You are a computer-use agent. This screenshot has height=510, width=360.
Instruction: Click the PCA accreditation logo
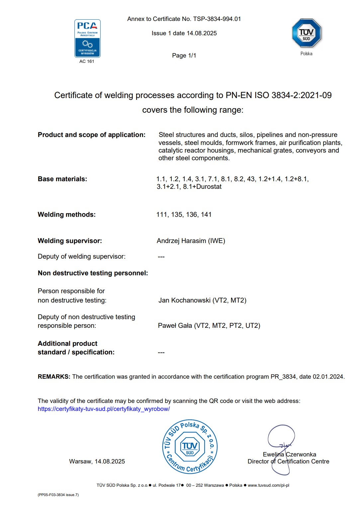[x=87, y=38]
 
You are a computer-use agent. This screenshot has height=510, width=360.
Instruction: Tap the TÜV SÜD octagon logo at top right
[x=306, y=33]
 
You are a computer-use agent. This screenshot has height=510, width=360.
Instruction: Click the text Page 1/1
[x=184, y=56]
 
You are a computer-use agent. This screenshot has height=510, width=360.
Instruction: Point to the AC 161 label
[x=87, y=62]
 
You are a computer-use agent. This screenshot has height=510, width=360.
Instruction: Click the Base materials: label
[x=62, y=179]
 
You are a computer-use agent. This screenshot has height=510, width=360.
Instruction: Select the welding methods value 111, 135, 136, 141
[x=184, y=214]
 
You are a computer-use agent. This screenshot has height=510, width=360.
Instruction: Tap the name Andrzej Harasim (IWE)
[x=191, y=241]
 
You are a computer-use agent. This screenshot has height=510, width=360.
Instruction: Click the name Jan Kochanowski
[x=184, y=300]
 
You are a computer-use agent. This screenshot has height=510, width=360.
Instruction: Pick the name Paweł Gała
[x=175, y=325]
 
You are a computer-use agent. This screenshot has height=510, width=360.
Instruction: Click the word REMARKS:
[x=54, y=377]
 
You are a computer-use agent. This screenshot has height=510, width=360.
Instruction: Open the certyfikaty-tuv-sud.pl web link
[x=104, y=409]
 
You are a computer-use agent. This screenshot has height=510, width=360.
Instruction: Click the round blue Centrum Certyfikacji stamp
[x=190, y=446]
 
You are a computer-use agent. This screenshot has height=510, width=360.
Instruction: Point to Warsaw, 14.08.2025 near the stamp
[x=97, y=461]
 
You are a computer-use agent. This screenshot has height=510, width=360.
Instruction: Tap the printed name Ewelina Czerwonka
[x=289, y=454]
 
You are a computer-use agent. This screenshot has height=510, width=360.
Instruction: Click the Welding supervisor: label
[x=70, y=241]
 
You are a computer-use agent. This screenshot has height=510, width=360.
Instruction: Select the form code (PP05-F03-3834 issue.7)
[x=58, y=495]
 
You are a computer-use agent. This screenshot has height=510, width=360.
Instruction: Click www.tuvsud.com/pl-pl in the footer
[x=268, y=485]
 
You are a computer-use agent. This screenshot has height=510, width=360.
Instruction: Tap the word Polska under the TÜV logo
[x=306, y=54]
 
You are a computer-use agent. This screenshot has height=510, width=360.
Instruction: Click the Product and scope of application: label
[x=92, y=135]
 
